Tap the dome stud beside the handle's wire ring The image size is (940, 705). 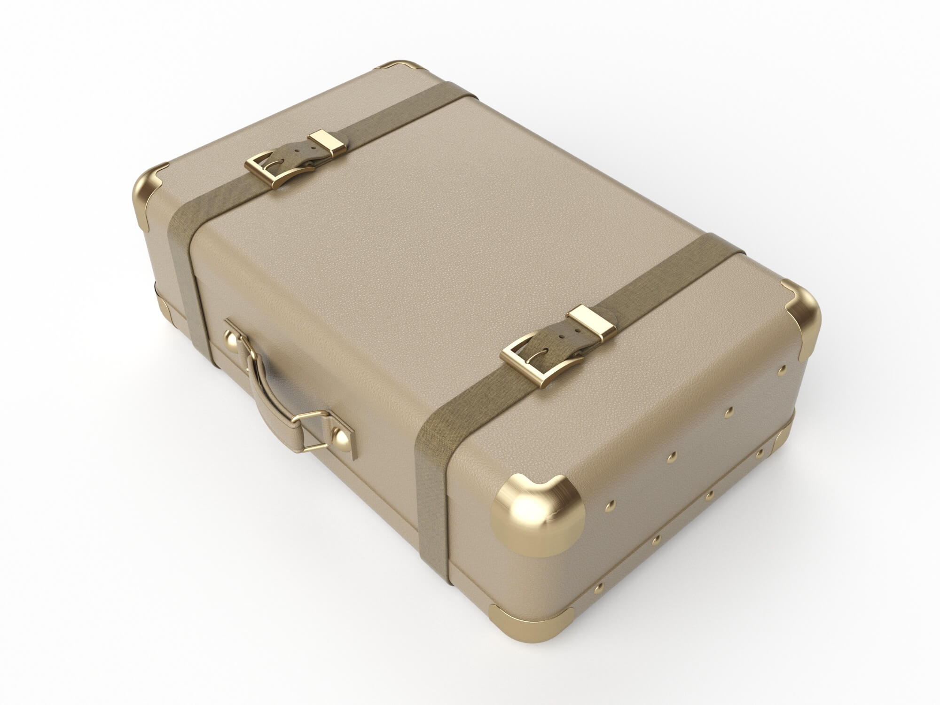(342, 439)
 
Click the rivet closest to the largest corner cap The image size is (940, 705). (610, 504)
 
